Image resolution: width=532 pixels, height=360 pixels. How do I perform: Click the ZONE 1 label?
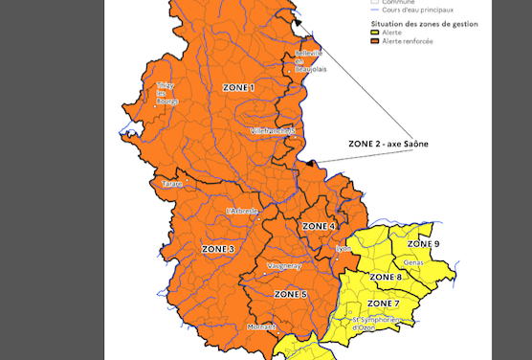tap(238, 87)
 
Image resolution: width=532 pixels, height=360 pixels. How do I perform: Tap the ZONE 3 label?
tap(217, 249)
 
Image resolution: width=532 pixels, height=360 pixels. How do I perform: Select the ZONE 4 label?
tap(319, 226)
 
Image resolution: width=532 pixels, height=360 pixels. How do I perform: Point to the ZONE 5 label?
tap(290, 293)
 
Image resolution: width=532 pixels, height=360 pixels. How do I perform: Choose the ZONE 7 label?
tap(383, 303)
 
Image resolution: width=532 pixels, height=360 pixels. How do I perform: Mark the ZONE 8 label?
tap(386, 277)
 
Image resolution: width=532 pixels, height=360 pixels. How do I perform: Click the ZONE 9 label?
tap(423, 244)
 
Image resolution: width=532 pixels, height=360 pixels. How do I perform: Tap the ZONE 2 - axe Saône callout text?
tap(388, 144)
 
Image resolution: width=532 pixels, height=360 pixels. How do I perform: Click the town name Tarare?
tap(171, 183)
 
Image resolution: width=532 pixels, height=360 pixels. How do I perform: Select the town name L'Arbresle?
tap(242, 211)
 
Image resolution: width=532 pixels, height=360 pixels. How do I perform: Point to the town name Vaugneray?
tap(284, 266)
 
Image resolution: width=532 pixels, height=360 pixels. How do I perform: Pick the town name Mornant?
tap(261, 326)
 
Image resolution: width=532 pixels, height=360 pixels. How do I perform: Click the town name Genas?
tap(413, 260)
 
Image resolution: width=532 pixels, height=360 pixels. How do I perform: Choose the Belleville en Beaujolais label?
tap(309, 60)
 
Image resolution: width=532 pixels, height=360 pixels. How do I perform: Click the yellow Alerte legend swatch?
tap(374, 32)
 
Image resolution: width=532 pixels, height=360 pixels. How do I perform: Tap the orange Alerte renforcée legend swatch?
tap(374, 41)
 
